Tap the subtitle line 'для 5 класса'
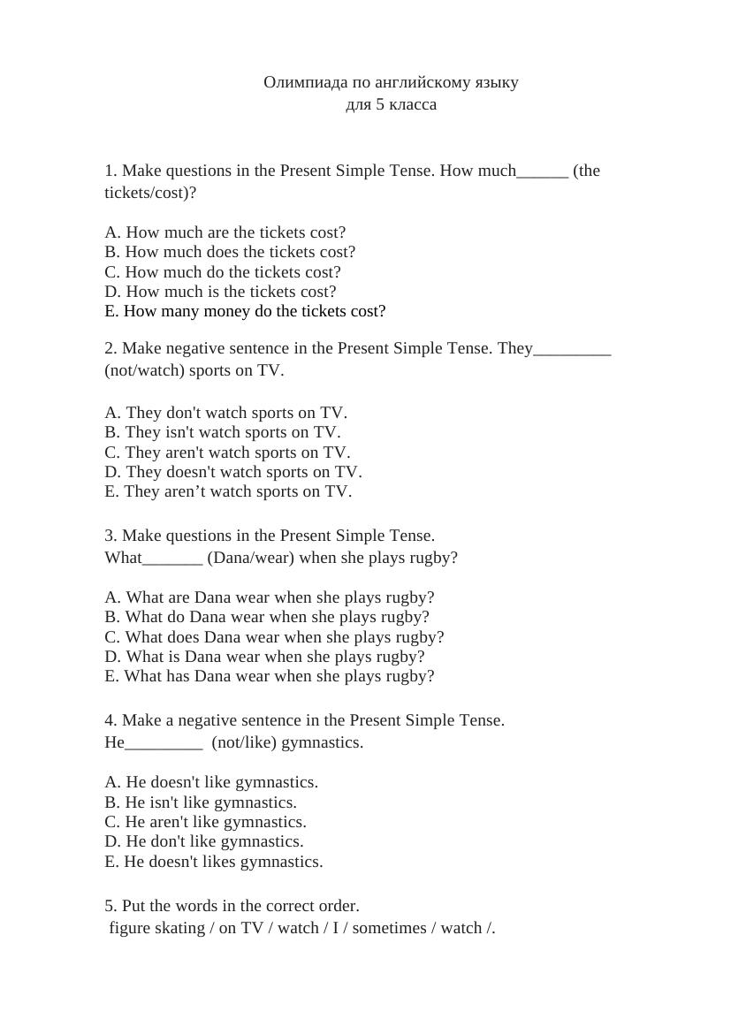point(391,104)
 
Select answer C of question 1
point(223,272)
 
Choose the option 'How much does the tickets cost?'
point(230,252)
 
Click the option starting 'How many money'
point(245,311)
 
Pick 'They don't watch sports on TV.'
point(226,413)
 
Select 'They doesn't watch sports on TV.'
point(233,472)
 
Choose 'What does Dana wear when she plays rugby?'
point(274,637)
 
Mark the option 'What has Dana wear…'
point(270,676)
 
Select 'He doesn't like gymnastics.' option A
point(211,782)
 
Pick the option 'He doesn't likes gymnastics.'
point(214,862)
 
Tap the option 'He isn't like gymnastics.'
point(201,802)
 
